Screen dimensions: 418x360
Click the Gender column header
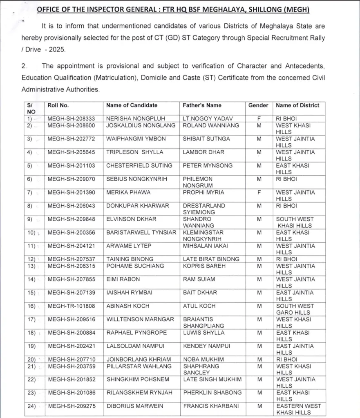(258, 105)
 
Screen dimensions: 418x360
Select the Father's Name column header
(202, 105)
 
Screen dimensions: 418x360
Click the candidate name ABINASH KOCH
(128, 306)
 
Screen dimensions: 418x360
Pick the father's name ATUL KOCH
(199, 306)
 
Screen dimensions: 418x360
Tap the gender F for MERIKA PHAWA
(259, 193)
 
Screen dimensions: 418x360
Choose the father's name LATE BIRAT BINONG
(211, 259)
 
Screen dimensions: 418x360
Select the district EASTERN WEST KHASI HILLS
(298, 409)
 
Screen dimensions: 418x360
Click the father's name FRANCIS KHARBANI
(211, 406)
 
